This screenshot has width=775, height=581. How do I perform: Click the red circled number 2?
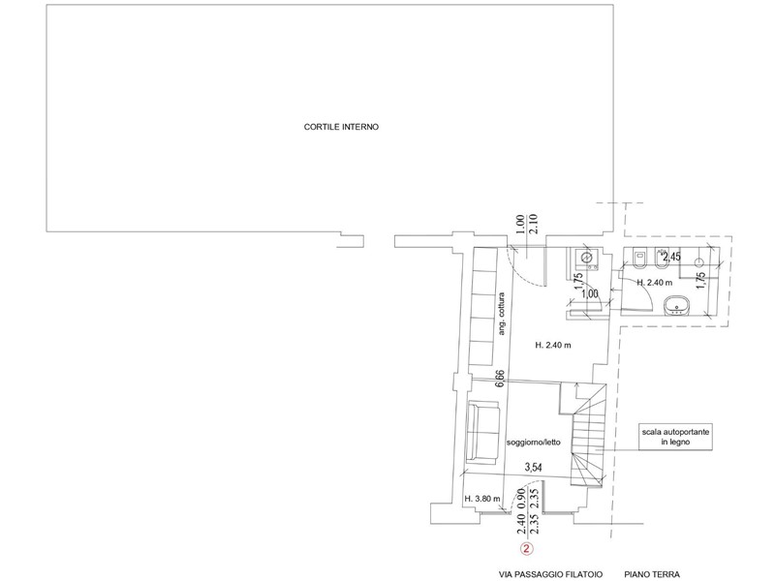coord(526,548)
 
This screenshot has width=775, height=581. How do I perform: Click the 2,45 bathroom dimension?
coord(671,257)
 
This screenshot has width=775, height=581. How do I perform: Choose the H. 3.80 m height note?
coord(482,500)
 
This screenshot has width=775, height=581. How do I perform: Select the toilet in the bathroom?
coord(640,262)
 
